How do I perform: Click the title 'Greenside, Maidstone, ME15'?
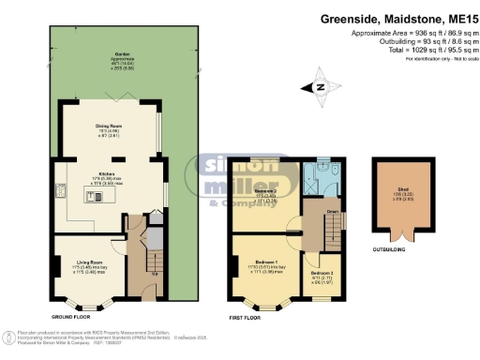point(404,17)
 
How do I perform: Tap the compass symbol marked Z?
point(321,85)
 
